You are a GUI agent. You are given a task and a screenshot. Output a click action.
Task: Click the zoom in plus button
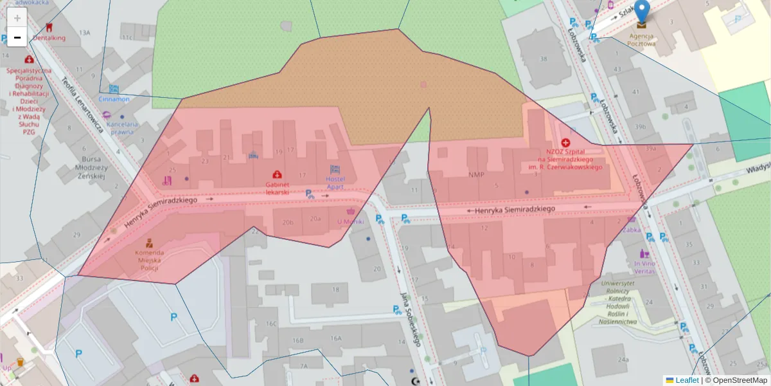(17, 17)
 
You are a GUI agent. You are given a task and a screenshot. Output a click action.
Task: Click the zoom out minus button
(17, 37)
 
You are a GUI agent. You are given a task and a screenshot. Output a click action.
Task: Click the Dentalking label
(49, 37)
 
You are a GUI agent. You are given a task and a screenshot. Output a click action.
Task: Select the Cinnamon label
(114, 99)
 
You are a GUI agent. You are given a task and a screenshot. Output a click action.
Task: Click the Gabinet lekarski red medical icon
(277, 174)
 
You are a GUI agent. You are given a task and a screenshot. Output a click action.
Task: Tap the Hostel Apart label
(335, 182)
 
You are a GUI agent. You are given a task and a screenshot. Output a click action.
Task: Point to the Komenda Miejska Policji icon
(149, 243)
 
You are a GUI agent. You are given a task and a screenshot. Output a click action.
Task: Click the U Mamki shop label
(350, 222)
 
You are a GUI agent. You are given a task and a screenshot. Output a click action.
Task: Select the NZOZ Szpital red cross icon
(565, 142)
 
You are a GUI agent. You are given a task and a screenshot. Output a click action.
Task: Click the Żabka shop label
(632, 228)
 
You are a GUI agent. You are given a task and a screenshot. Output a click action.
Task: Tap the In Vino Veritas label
(644, 268)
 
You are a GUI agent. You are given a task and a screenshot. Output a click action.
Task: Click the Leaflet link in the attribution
(687, 380)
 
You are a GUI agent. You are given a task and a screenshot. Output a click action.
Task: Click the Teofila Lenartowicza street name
(83, 105)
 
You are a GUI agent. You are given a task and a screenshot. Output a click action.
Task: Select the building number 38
(544, 59)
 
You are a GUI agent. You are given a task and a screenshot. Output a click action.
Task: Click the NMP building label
(476, 174)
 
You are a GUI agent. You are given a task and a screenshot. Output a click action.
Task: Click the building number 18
(335, 289)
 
